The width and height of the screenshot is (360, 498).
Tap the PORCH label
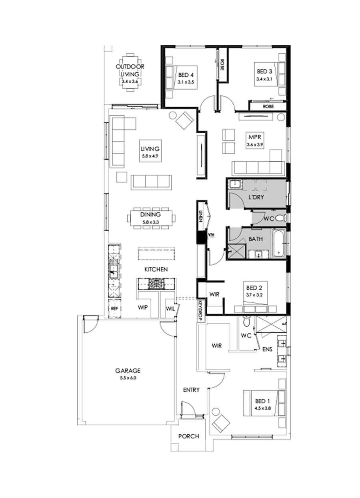click(188, 436)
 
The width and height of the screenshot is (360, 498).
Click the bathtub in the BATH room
click(278, 244)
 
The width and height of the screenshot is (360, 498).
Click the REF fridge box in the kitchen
click(114, 308)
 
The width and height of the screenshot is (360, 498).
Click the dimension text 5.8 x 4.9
click(150, 156)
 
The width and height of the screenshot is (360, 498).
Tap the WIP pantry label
click(143, 309)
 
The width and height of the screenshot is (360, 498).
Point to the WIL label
click(170, 309)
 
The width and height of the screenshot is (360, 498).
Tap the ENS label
click(267, 349)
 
